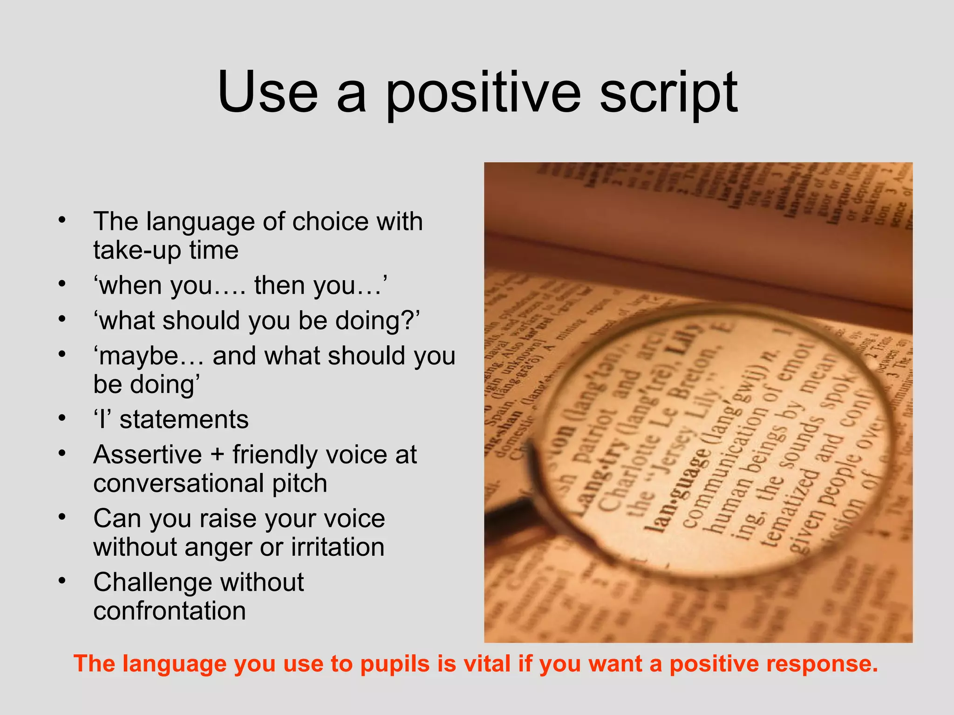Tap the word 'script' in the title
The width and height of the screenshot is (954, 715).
668,93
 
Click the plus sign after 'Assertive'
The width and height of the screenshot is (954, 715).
217,455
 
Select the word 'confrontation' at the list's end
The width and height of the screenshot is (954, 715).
170,611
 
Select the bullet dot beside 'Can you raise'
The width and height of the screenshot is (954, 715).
62,517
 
